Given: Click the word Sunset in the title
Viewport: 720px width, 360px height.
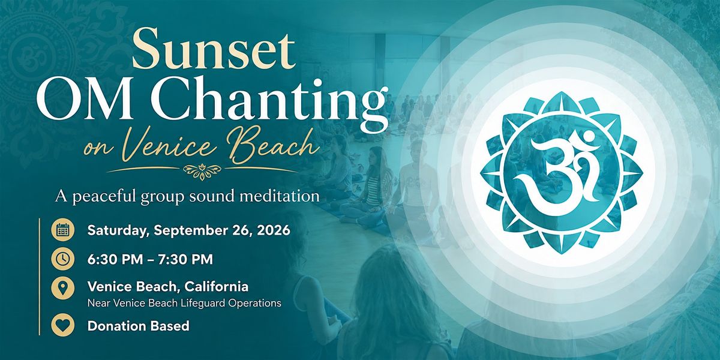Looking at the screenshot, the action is pyautogui.click(x=213, y=48).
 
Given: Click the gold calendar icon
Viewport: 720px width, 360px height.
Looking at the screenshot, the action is pyautogui.click(x=62, y=230).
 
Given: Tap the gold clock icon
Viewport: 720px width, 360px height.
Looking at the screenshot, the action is pyautogui.click(x=62, y=259).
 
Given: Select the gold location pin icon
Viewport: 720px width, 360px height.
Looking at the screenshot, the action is pyautogui.click(x=62, y=288).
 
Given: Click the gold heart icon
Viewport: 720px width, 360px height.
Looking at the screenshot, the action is pyautogui.click(x=62, y=325).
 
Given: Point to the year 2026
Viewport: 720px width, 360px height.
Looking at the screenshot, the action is pyautogui.click(x=274, y=230).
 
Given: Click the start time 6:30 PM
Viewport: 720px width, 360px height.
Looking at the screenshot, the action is pyautogui.click(x=115, y=259).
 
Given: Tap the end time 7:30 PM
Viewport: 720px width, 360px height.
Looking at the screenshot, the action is pyautogui.click(x=185, y=259).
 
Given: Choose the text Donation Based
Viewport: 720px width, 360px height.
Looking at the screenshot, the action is pyautogui.click(x=138, y=326).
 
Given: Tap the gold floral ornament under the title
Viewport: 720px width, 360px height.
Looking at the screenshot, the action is pyautogui.click(x=202, y=171).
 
